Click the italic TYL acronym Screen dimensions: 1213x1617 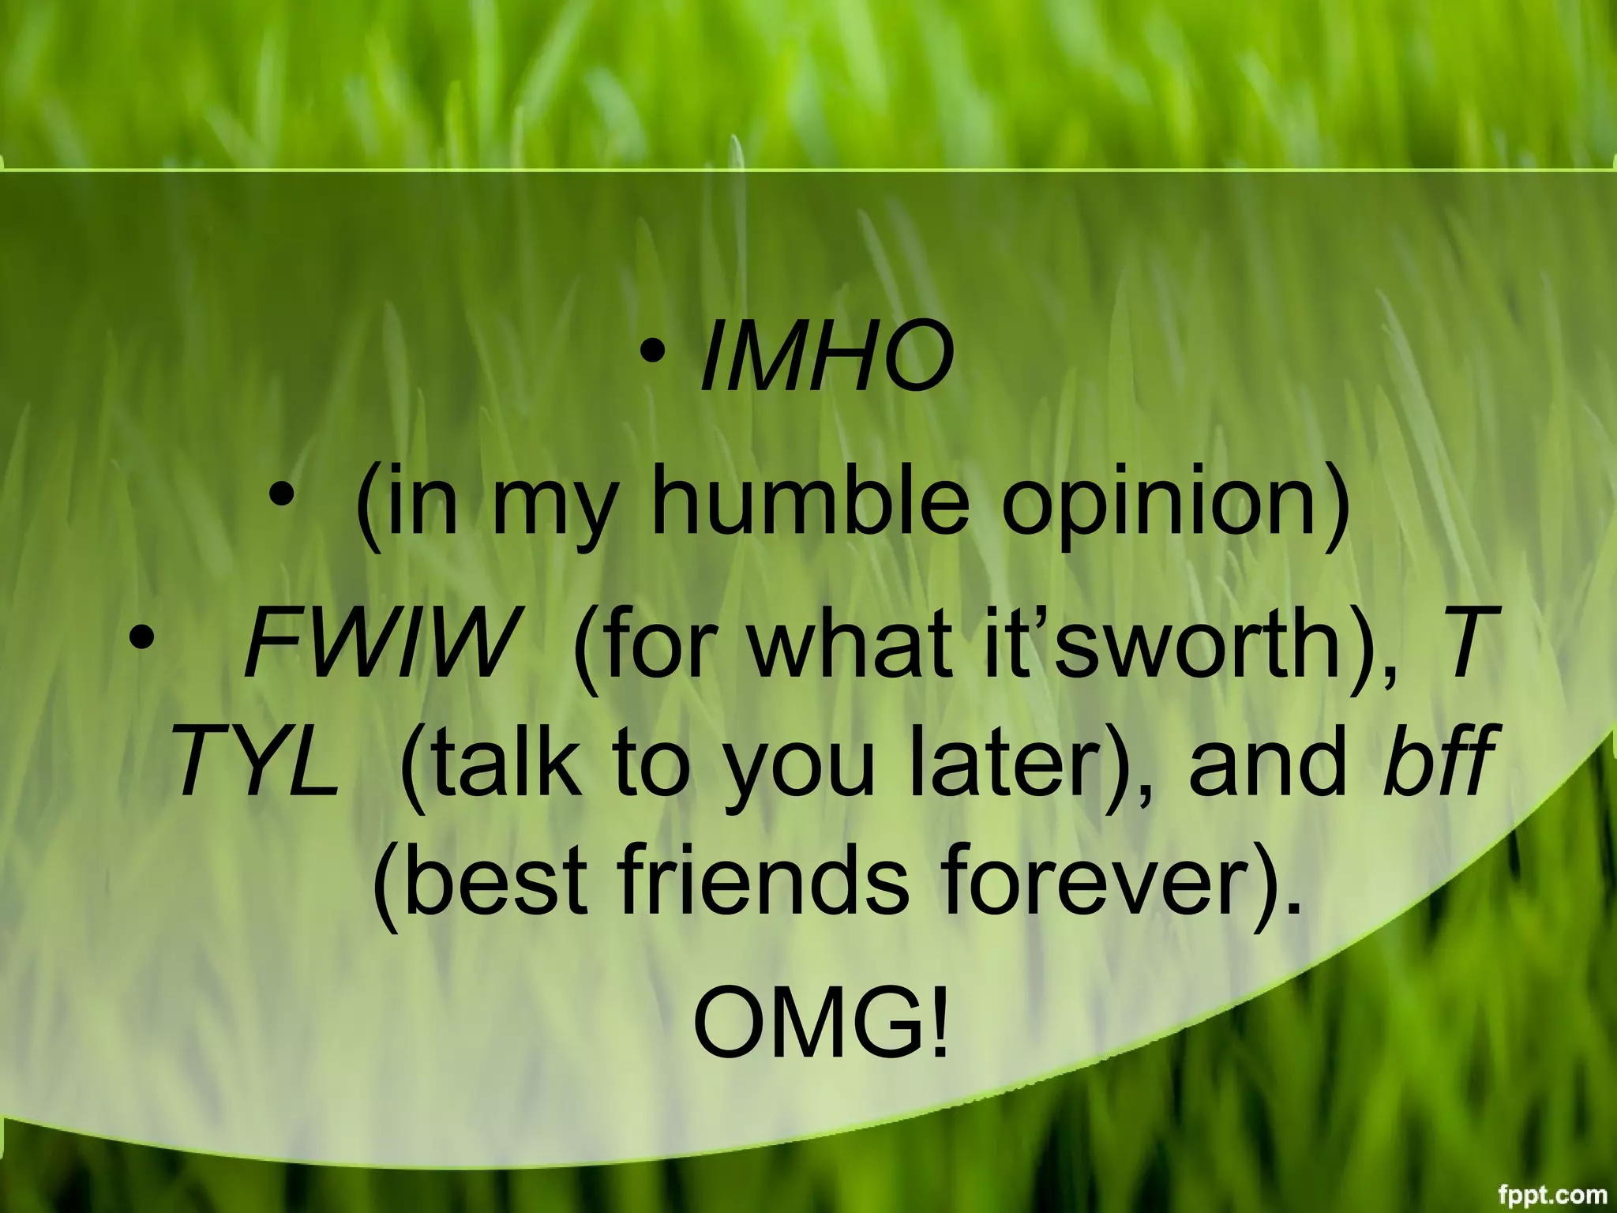pos(257,761)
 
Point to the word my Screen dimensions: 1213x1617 pos(551,509)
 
